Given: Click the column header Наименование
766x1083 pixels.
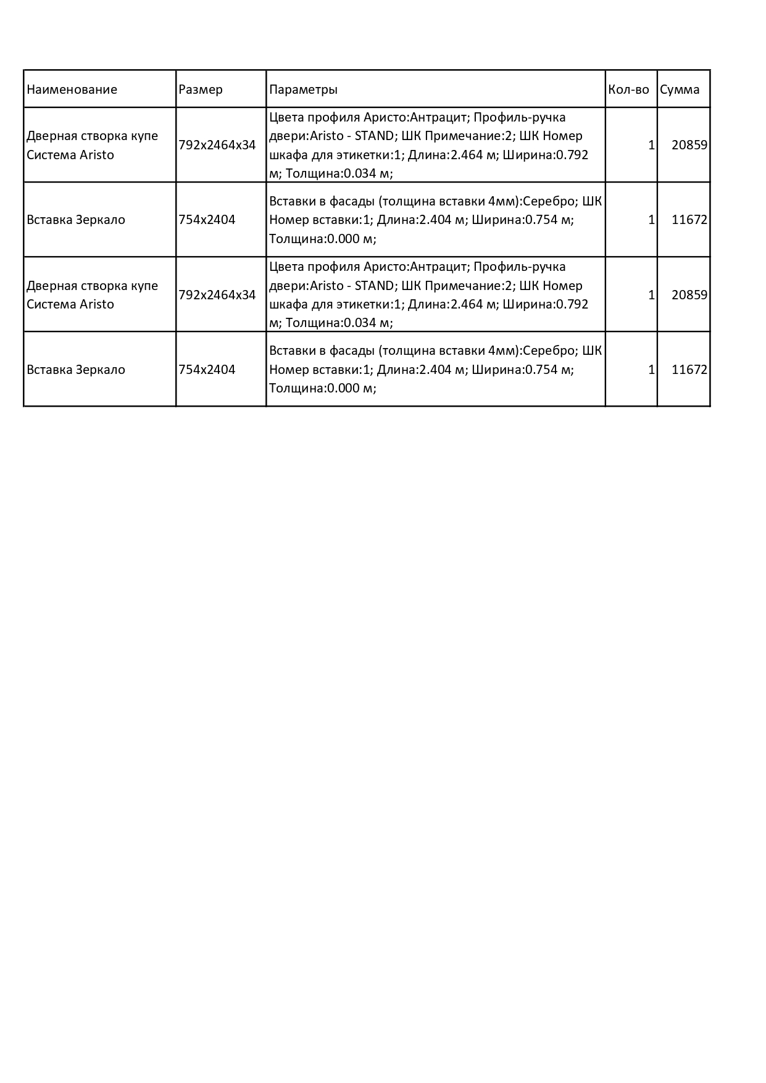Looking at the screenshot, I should (x=72, y=89).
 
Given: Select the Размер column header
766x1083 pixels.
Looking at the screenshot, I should (x=201, y=89).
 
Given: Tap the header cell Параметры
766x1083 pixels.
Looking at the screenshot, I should (x=304, y=89).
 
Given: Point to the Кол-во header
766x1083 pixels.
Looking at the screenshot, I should (x=628, y=89).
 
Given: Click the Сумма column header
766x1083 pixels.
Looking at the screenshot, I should (x=680, y=89).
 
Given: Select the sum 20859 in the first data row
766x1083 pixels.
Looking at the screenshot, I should (x=689, y=146).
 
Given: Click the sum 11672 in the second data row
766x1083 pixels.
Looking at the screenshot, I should (x=689, y=220).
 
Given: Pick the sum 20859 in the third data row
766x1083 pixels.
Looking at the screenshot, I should (x=689, y=295).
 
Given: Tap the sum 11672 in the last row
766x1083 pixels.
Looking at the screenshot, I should (x=689, y=370).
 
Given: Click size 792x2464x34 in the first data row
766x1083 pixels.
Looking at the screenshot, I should (x=217, y=146).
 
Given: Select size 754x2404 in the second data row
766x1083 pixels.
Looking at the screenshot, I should (x=207, y=220).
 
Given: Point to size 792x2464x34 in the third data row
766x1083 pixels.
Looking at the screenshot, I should (x=217, y=295).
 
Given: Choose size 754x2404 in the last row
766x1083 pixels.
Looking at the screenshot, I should (x=207, y=370).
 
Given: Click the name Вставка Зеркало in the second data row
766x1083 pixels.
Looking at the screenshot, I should (x=76, y=220).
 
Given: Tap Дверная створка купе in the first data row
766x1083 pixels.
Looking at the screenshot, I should (x=92, y=136).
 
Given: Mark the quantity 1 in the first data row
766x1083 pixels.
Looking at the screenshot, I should (x=651, y=146).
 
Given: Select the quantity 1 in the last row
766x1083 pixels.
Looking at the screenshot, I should (x=651, y=370).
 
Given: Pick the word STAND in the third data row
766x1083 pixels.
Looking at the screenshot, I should (x=373, y=286).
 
